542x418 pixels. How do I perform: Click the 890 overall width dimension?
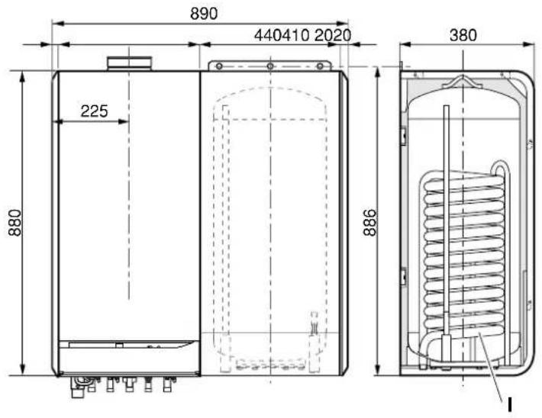[x=204, y=14]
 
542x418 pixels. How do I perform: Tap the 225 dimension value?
[x=95, y=111]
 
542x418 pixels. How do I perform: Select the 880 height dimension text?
[x=15, y=223]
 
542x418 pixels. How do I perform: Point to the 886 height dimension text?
[x=369, y=223]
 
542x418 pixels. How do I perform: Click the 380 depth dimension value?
[x=463, y=35]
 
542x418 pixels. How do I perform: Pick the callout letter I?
[x=509, y=405]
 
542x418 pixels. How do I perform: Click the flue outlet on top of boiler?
[x=129, y=63]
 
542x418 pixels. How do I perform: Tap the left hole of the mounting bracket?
[x=219, y=66]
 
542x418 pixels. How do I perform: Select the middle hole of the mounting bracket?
[x=270, y=66]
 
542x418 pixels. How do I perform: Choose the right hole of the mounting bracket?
[x=320, y=66]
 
